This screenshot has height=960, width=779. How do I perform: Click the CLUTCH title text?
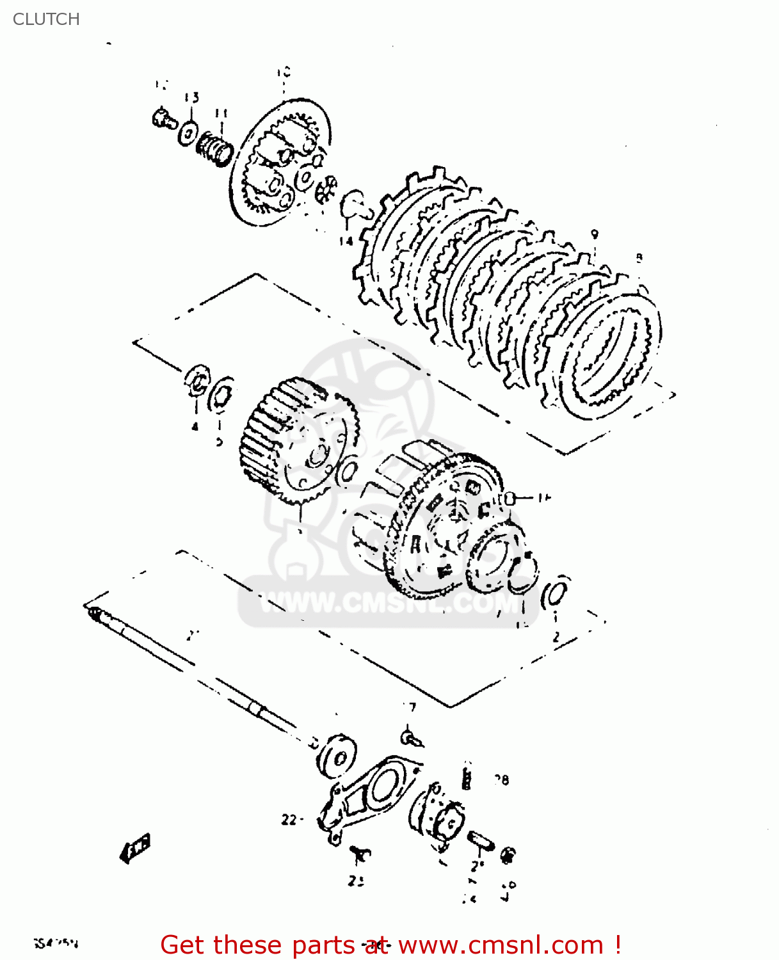coord(46,19)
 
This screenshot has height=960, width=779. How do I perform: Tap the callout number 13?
coord(191,97)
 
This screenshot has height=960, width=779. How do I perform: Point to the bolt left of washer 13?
coord(165,119)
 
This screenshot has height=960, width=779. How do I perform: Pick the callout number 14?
coord(346,241)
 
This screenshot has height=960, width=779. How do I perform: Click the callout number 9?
coord(594,234)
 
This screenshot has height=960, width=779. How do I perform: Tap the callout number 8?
coord(638,258)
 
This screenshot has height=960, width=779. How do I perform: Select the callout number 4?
coord(195,426)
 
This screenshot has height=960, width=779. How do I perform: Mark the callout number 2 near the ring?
coord(556,637)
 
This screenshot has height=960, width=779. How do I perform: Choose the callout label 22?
coord(289,819)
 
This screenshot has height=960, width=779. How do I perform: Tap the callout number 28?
coord(501,780)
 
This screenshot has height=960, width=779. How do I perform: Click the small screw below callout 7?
coord(411,737)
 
